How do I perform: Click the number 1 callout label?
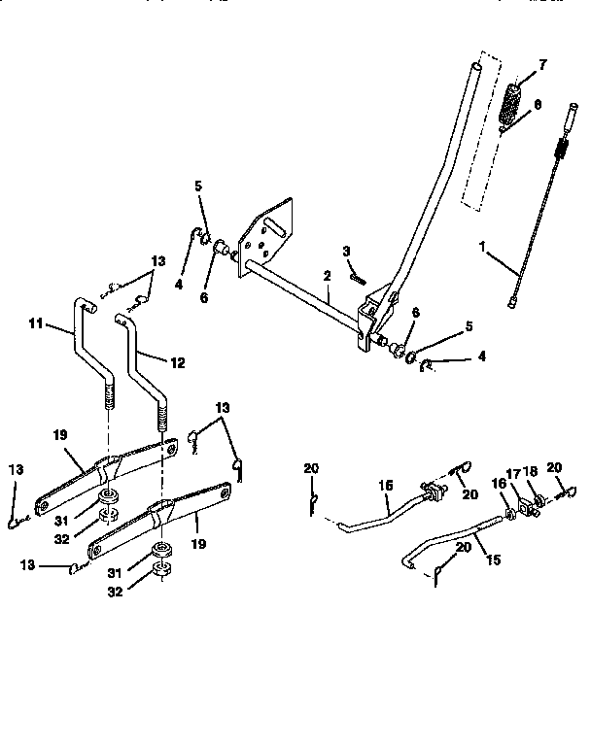pos(482,248)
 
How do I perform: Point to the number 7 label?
pos(543,65)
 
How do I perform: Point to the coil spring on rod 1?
pos(561,151)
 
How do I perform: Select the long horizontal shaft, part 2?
pos(301,296)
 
